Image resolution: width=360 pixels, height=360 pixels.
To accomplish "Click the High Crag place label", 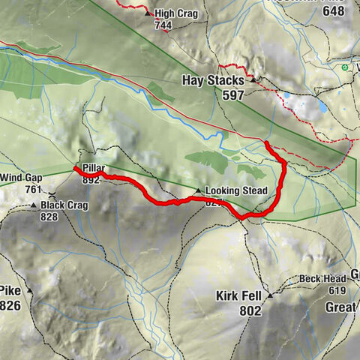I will (x=175, y=13).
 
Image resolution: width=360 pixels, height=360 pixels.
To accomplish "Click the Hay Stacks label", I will (x=214, y=79).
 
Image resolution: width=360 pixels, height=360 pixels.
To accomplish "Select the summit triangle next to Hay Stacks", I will (x=253, y=78).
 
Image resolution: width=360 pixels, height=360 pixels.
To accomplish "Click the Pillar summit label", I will (x=94, y=168).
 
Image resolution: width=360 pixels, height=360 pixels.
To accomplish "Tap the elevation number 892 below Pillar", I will (x=91, y=179).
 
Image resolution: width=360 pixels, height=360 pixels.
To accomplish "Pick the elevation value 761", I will (x=33, y=190).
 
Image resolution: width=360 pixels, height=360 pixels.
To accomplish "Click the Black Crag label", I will (x=64, y=205).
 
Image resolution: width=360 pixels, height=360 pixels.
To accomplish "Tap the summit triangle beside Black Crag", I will (x=34, y=205).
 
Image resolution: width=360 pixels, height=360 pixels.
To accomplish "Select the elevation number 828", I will (x=49, y=217).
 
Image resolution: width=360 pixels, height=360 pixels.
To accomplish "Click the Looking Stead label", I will (x=235, y=190).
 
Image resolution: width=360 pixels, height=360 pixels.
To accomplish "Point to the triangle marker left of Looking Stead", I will (x=198, y=190).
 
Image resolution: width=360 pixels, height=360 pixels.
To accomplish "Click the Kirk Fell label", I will (x=238, y=295).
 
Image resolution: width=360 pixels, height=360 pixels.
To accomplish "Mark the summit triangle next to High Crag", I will (x=148, y=12).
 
